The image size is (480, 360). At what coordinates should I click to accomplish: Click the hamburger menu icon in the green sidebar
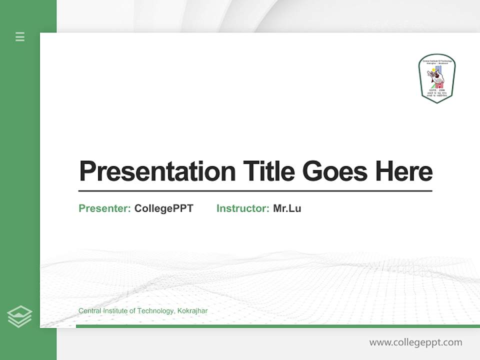coord(20,36)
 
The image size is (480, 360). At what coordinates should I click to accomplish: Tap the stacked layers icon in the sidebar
coord(19,316)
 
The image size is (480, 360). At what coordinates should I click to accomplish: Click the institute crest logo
coord(437,78)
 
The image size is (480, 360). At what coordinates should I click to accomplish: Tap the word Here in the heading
coord(403,171)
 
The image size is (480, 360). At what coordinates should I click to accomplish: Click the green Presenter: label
coord(104,208)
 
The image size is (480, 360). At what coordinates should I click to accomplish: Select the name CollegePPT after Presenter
coord(163,208)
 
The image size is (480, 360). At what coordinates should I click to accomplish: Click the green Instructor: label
coord(242,208)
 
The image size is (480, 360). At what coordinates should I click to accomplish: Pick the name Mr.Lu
coord(287,208)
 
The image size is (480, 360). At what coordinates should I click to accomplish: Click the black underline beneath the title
coord(255,190)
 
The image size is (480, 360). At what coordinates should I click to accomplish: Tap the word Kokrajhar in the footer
coord(192,311)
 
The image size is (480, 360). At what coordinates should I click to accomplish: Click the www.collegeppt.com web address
coord(415,342)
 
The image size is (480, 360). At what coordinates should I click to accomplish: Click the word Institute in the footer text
coord(116,311)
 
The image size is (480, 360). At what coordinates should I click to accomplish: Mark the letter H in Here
coord(384,171)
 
